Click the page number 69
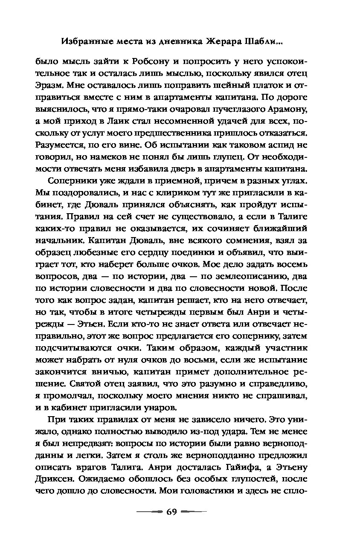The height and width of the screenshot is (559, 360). point(171,512)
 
